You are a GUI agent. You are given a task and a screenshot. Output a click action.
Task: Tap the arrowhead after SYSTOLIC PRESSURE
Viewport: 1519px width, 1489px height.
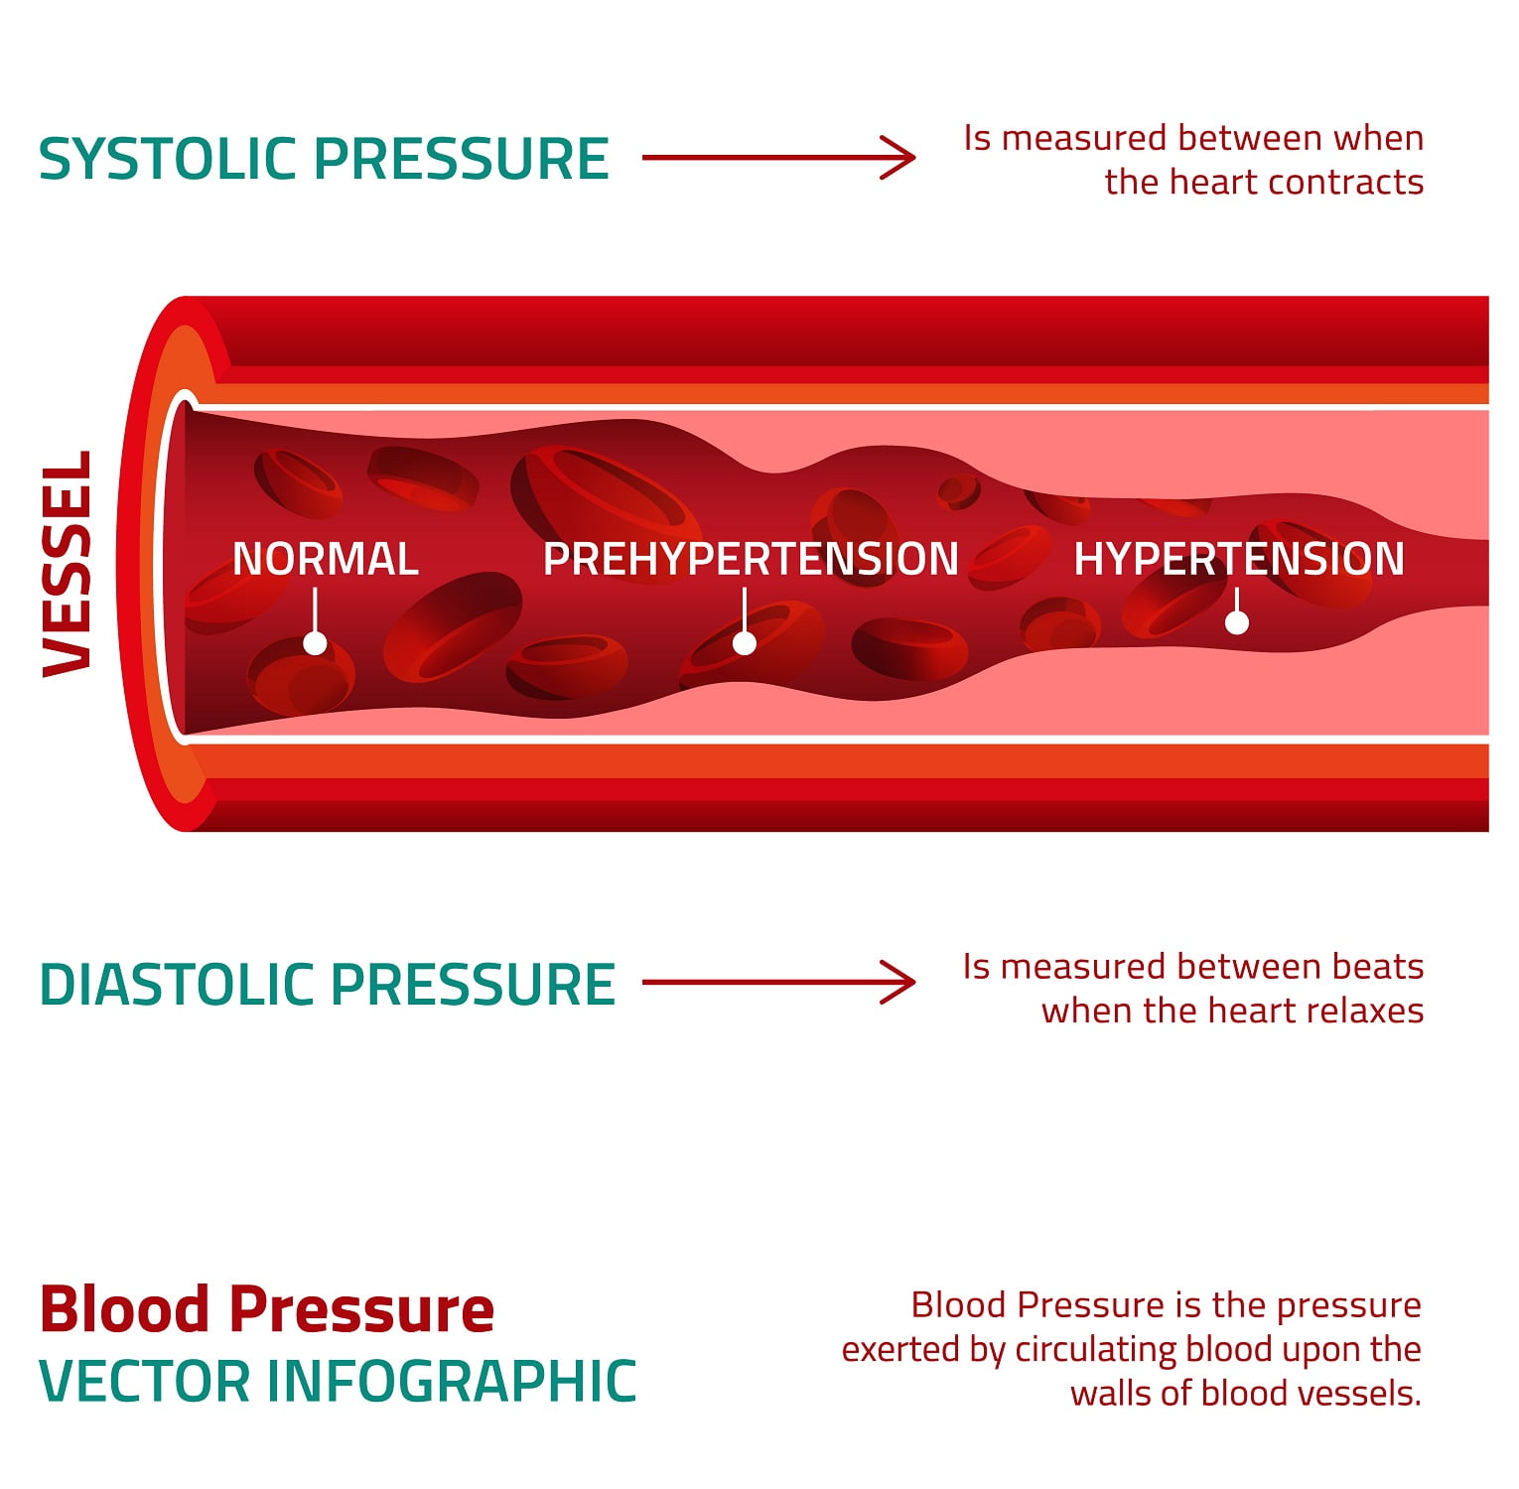coord(898,158)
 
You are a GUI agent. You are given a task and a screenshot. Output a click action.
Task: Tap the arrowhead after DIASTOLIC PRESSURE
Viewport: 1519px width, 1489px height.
coord(898,983)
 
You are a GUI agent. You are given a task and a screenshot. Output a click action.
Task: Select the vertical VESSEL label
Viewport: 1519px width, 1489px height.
coord(68,564)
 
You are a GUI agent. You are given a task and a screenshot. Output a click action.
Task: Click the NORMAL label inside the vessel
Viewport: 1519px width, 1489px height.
coord(325,559)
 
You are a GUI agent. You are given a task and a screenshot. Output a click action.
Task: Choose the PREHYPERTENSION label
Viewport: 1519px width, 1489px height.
coord(751,559)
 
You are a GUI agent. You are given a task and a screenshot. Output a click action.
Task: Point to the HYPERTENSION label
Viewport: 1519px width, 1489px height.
coord(1239,559)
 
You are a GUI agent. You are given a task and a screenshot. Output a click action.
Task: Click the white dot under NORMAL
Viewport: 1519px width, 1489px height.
coord(315,643)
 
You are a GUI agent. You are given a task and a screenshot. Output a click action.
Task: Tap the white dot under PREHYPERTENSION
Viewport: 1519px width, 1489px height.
coord(745,643)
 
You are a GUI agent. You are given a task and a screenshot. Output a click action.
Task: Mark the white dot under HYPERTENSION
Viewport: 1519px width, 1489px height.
coord(1237,622)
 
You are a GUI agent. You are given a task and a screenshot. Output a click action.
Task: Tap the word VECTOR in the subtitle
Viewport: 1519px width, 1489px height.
coord(145,1381)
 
